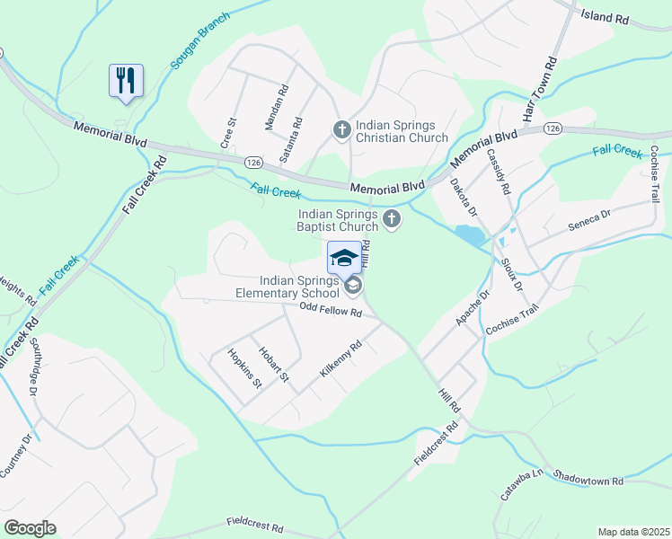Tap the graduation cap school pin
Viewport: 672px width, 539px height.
click(344, 259)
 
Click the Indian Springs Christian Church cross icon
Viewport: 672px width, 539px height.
click(341, 131)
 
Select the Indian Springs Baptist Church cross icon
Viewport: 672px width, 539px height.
click(392, 218)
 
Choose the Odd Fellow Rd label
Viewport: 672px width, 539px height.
click(330, 312)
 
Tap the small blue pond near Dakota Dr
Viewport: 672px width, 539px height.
click(468, 236)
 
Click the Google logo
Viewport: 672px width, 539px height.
click(31, 528)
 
